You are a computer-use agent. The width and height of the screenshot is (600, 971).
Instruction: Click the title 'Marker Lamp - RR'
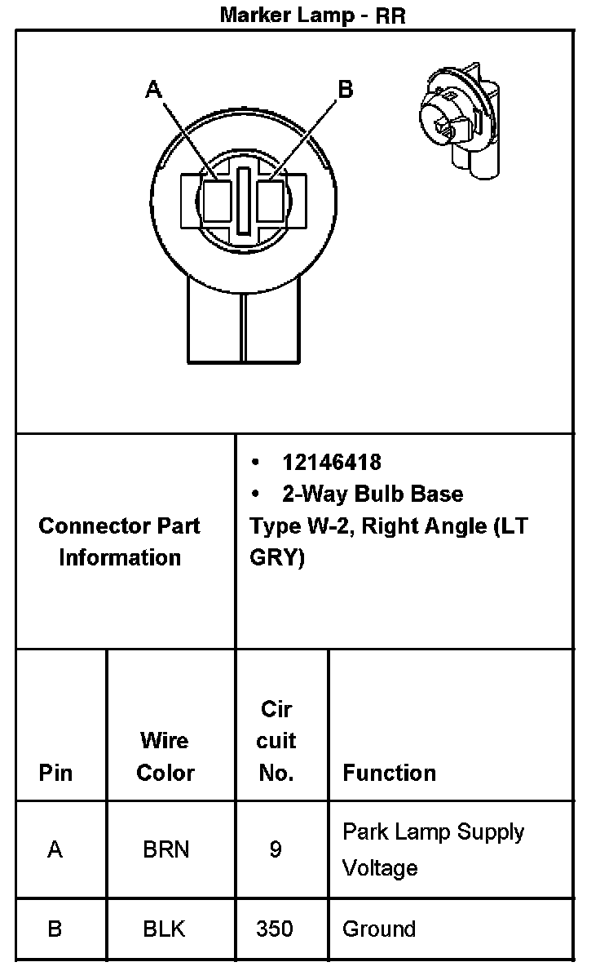[312, 15]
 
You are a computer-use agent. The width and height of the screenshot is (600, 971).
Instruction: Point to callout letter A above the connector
[153, 90]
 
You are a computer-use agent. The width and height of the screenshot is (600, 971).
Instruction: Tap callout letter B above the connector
[345, 89]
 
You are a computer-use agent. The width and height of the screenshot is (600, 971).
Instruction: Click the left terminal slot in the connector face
[217, 202]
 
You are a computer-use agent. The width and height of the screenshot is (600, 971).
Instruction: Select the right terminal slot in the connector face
[271, 202]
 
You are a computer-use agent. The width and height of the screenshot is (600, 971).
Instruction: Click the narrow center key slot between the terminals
[244, 202]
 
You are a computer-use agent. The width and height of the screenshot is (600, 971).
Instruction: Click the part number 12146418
[332, 462]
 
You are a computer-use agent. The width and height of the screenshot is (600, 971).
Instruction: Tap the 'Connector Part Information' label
[119, 541]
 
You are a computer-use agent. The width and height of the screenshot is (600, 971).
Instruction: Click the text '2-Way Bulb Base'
[373, 494]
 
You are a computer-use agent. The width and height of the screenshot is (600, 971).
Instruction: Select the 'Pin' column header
[55, 772]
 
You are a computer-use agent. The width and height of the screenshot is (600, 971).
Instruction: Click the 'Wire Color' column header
[165, 756]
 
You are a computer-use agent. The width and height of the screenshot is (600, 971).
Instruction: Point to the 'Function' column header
[389, 772]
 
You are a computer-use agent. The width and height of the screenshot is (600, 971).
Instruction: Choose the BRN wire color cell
[165, 849]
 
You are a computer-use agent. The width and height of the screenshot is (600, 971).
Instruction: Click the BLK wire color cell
[164, 929]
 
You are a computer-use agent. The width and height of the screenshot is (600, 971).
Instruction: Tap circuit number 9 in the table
[276, 849]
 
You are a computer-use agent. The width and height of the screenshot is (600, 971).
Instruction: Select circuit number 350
[274, 929]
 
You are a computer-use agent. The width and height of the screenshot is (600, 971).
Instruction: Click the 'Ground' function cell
[378, 929]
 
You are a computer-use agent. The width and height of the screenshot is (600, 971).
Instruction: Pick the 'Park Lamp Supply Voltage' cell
[433, 849]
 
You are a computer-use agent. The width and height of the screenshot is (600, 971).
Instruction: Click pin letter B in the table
[55, 929]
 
